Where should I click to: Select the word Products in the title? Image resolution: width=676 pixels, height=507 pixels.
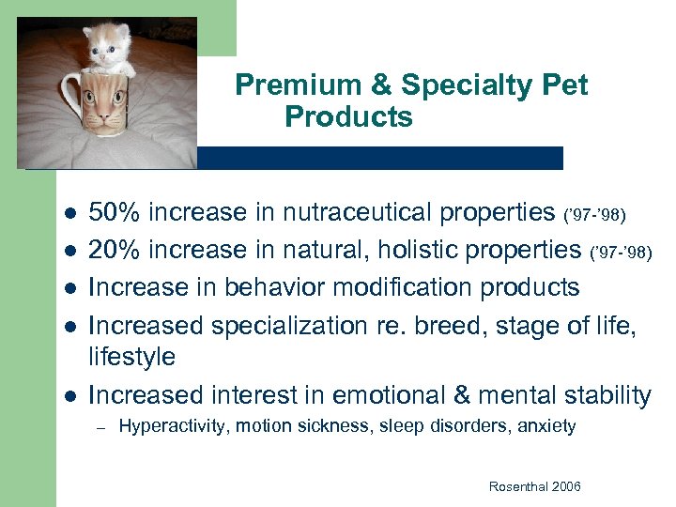pos(348,117)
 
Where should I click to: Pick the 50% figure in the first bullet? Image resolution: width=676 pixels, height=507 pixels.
pos(114,213)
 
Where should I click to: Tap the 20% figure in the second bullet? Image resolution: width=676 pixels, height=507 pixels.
pos(114,250)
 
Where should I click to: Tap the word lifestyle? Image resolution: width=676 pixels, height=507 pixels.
pos(131,358)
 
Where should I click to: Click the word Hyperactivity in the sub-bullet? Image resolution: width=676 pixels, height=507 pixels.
pos(174,426)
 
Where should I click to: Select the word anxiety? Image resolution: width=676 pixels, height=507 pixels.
pos(546,426)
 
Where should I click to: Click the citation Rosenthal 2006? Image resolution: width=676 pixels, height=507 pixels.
pos(535,486)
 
